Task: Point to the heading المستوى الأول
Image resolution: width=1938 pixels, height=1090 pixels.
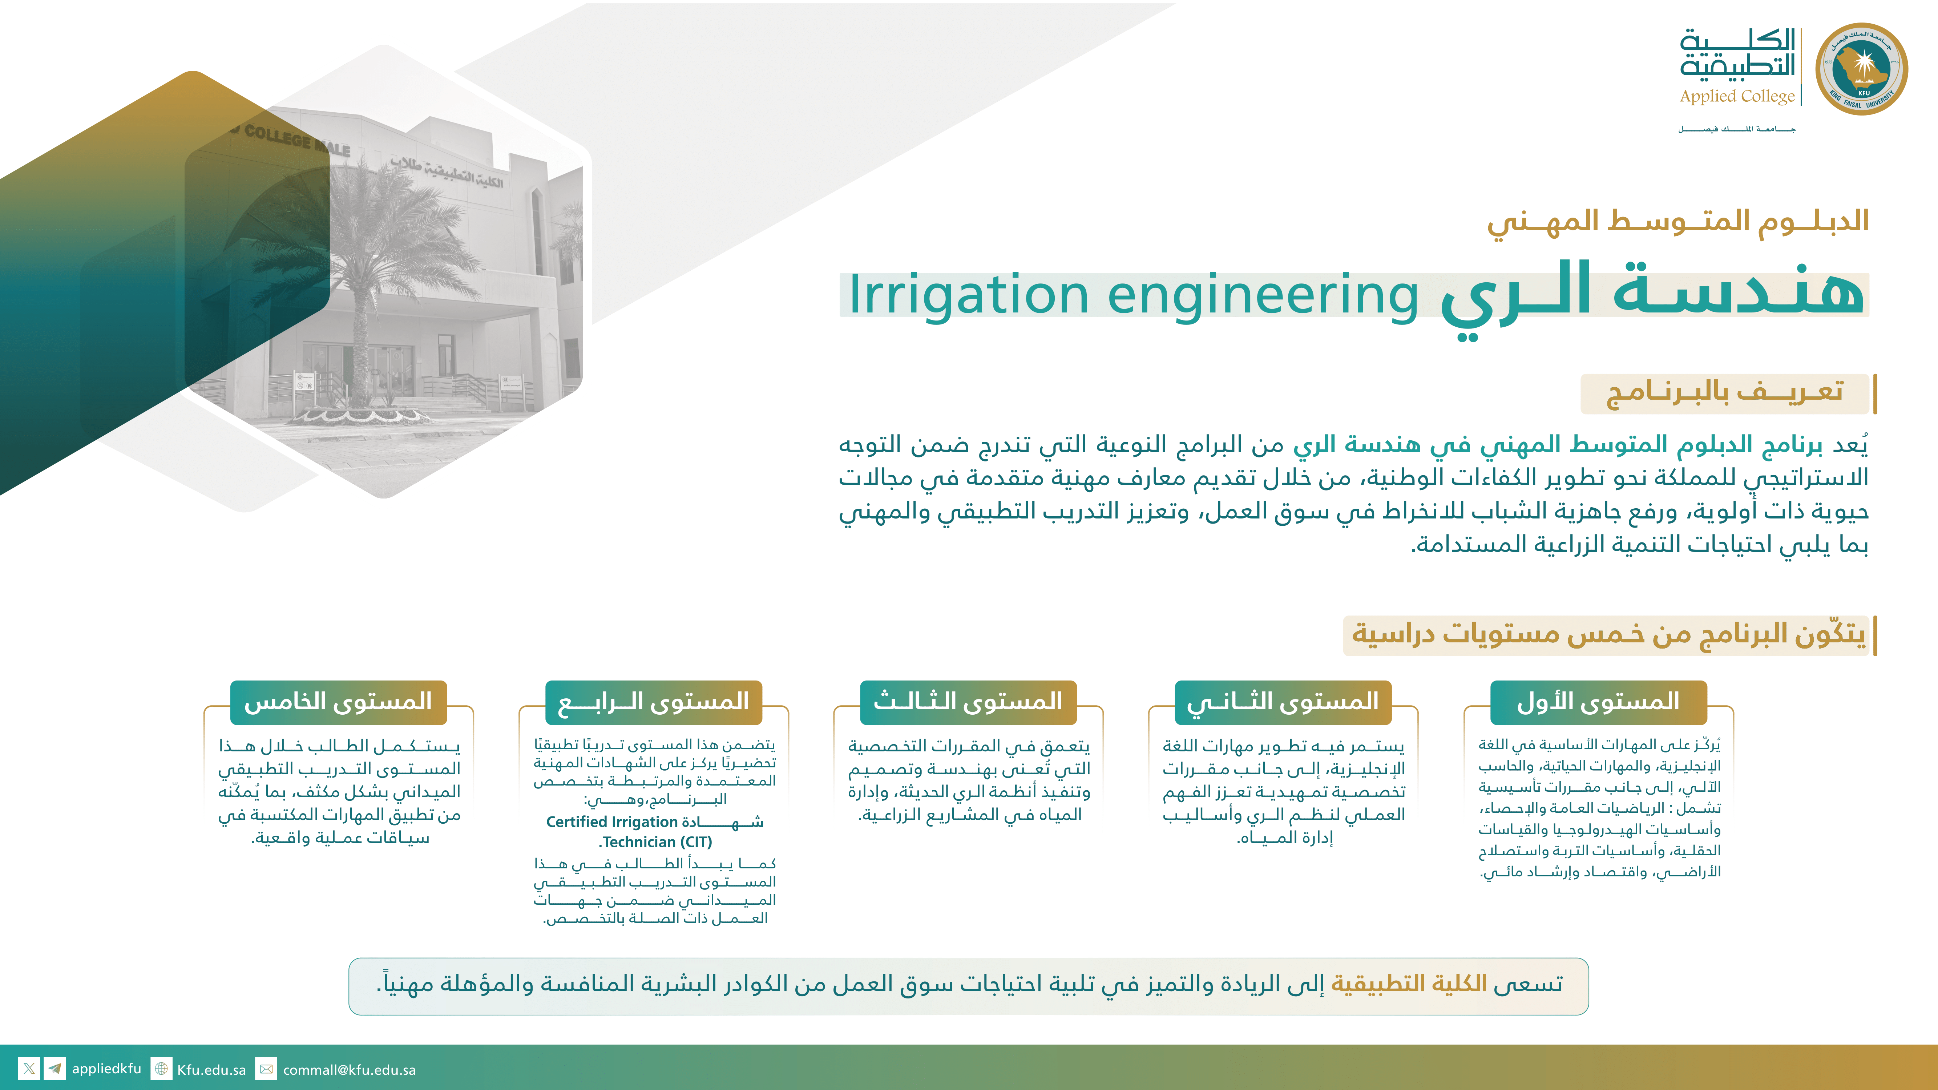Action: point(1598,702)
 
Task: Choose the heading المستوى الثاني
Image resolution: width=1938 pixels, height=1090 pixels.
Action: point(1283,702)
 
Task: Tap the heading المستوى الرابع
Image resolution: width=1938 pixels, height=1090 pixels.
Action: point(653,702)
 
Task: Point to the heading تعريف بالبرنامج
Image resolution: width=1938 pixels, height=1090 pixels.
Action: point(1724,393)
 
